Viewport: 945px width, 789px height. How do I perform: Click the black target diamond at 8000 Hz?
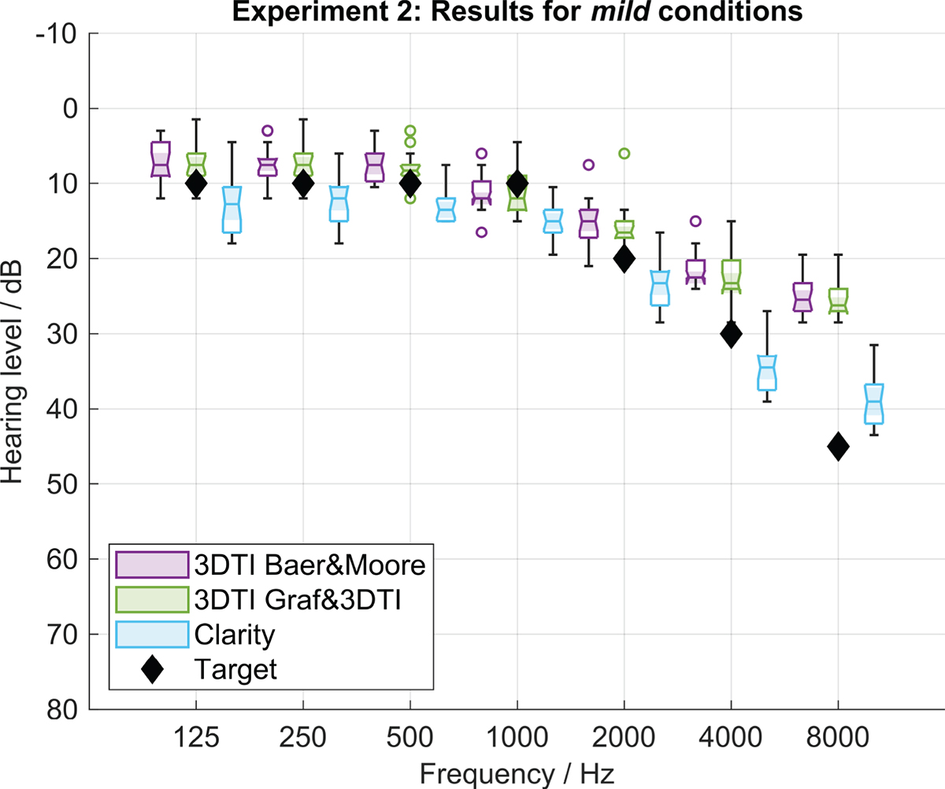(x=838, y=446)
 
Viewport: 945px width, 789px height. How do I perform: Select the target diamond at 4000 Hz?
(x=731, y=334)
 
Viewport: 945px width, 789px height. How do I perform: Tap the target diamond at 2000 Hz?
(x=624, y=258)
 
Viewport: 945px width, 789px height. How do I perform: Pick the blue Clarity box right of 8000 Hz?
(x=874, y=404)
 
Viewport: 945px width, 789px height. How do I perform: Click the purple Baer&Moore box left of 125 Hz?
(x=160, y=159)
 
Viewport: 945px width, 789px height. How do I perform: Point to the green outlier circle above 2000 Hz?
(x=624, y=154)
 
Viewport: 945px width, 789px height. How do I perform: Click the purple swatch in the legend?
(x=152, y=565)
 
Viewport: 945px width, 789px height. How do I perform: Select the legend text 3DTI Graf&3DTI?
(x=298, y=600)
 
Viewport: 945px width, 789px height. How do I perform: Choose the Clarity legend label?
(x=235, y=635)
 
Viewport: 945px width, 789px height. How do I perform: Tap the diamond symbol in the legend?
(x=152, y=669)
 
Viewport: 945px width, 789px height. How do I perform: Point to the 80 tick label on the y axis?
(x=62, y=709)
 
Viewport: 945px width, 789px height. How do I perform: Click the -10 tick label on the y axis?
(x=56, y=34)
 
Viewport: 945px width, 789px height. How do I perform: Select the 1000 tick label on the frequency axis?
(x=517, y=737)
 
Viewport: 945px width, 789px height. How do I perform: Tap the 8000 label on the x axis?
(x=838, y=737)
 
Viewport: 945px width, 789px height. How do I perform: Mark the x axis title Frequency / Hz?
(x=517, y=773)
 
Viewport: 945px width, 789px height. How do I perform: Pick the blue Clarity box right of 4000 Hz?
(x=767, y=373)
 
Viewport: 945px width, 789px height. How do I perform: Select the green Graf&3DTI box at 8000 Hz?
(x=838, y=301)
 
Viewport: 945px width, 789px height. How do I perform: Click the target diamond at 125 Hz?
(x=196, y=183)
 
